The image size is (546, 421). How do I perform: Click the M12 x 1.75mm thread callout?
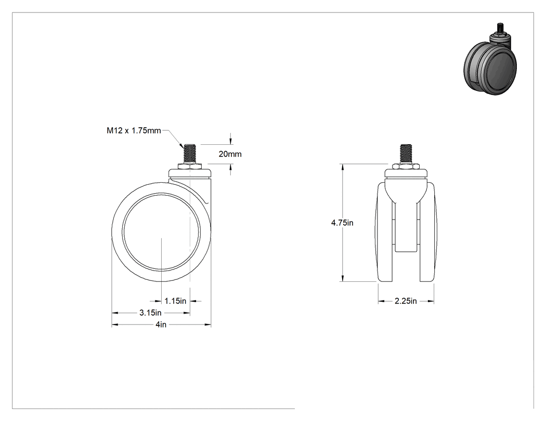[134, 131]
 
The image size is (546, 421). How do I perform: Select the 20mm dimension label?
[230, 154]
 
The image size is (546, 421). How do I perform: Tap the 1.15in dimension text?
[175, 301]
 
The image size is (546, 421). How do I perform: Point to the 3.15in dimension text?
[150, 313]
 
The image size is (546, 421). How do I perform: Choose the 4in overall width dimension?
[161, 324]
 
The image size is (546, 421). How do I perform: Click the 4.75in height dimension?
[342, 223]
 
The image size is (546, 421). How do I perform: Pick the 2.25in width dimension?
[406, 301]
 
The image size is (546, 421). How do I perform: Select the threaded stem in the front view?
[406, 154]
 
